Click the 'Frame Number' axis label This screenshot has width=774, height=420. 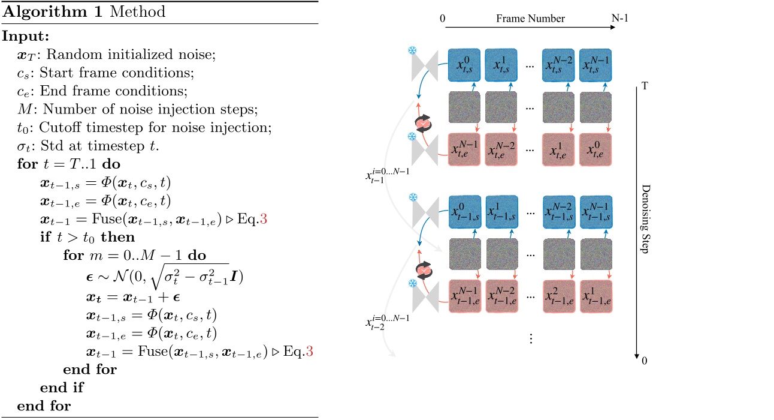click(530, 19)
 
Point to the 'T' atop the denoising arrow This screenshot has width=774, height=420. click(645, 85)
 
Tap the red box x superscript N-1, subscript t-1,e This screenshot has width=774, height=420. click(465, 296)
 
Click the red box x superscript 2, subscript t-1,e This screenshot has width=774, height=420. click(560, 296)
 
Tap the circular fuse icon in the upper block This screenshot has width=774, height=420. click(424, 123)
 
